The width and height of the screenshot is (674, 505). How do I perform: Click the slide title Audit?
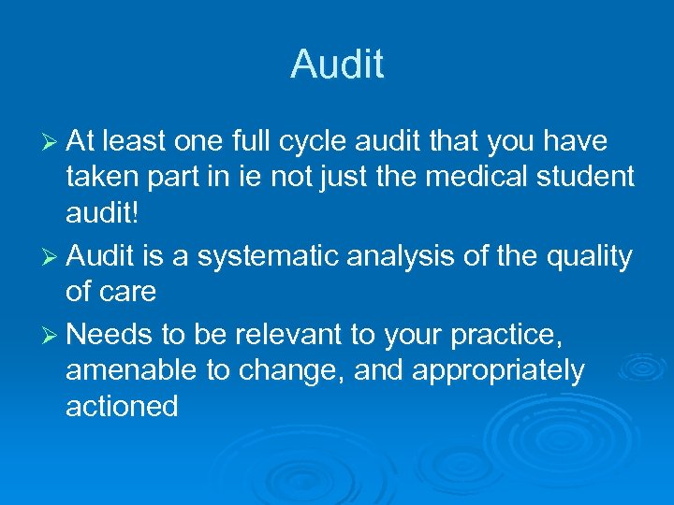coord(337,65)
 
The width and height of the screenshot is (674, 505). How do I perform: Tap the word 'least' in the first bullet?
coord(134,141)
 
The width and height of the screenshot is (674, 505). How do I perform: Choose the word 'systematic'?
coord(252,256)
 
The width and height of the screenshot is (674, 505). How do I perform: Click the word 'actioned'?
coord(122,405)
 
